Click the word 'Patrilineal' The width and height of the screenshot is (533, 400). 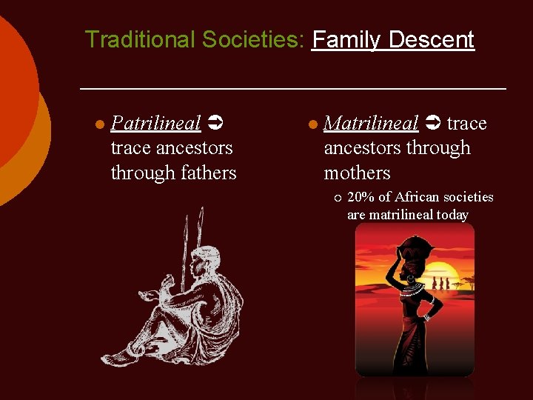click(155, 123)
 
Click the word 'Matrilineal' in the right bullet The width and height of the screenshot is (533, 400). click(371, 123)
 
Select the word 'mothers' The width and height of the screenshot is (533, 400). click(357, 173)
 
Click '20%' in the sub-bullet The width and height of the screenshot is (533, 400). click(361, 197)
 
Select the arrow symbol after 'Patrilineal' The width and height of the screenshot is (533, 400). click(215, 123)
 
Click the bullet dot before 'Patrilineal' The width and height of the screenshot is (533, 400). click(99, 124)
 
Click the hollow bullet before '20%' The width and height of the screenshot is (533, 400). click(338, 198)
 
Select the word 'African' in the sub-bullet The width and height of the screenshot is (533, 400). click(419, 197)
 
